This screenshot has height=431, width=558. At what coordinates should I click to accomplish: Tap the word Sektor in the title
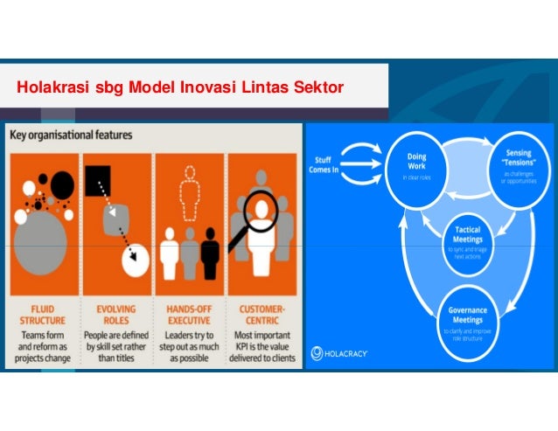coord(319,87)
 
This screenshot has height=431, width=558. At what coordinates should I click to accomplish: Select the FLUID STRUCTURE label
coord(41,313)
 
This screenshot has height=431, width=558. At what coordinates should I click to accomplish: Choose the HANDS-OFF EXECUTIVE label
coord(188,313)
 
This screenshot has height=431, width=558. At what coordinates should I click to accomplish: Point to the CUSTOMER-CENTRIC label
coord(262,313)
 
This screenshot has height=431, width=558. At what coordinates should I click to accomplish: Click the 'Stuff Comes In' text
coord(325,163)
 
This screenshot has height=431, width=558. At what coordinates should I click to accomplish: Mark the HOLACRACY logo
coord(339,355)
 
